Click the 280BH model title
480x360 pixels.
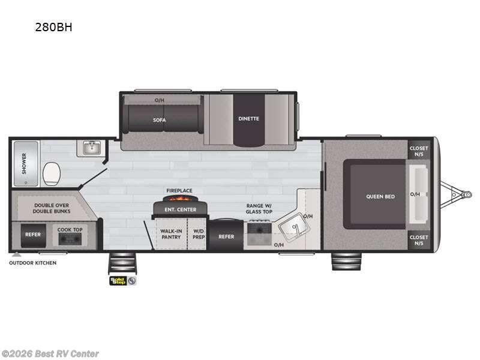click(53, 27)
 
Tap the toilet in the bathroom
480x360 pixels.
click(52, 173)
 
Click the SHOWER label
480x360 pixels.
click(24, 163)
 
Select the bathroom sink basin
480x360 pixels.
click(91, 148)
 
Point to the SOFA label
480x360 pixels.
click(160, 120)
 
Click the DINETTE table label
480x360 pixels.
click(248, 118)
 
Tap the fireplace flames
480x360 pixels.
click(181, 199)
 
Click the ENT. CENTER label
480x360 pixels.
click(181, 209)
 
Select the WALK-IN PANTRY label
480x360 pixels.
click(171, 234)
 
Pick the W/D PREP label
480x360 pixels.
click(199, 234)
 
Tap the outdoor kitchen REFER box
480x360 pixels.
click(33, 235)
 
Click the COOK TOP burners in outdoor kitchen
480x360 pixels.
click(70, 239)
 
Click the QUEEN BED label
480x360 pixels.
click(380, 197)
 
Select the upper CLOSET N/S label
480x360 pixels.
click(419, 151)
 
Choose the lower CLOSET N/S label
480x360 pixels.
click(419, 241)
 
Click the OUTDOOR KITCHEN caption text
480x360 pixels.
click(33, 263)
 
